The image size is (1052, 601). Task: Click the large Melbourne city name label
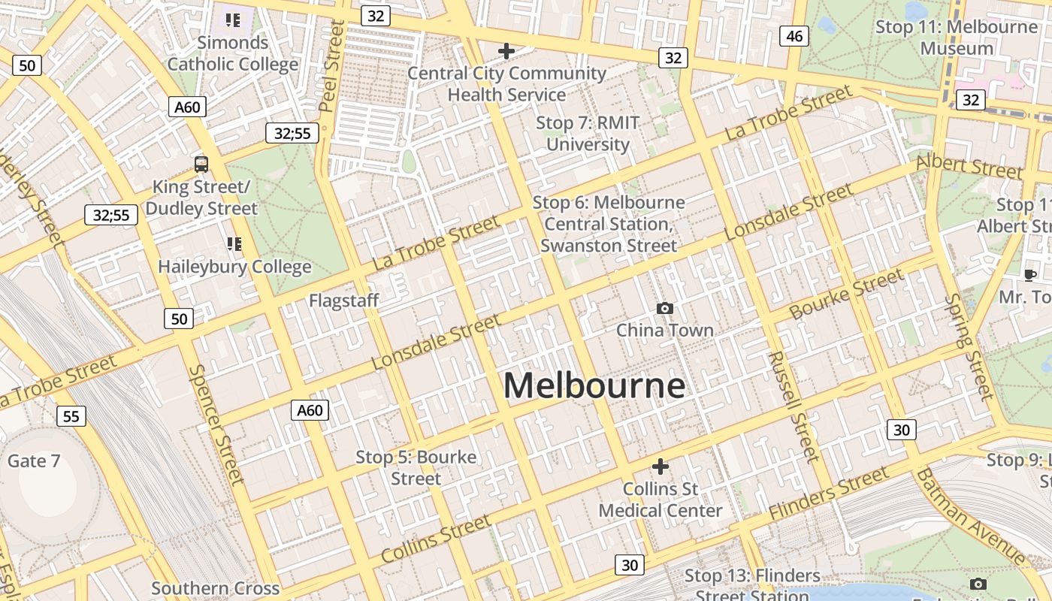[x=594, y=385]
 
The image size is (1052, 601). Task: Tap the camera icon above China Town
[x=664, y=308]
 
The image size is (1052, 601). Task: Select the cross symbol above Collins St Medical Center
[x=660, y=467]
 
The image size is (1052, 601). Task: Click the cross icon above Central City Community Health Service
[x=506, y=51]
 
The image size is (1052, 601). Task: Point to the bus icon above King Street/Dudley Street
[x=201, y=164]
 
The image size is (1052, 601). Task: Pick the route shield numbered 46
[x=794, y=35]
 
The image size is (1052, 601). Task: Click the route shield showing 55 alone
[x=71, y=415]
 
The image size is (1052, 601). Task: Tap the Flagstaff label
[x=343, y=300]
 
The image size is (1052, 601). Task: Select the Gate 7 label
[x=34, y=461]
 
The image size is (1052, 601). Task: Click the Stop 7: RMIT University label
[x=587, y=133]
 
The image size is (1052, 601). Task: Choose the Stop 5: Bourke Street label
[x=416, y=467]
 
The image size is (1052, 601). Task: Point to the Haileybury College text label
[x=234, y=267]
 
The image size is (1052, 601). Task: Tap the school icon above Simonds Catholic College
[x=233, y=20]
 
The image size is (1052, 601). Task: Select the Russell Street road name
[x=793, y=406]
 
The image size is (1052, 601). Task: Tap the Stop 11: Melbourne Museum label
[x=957, y=38]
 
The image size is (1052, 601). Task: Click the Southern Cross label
[x=216, y=588]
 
